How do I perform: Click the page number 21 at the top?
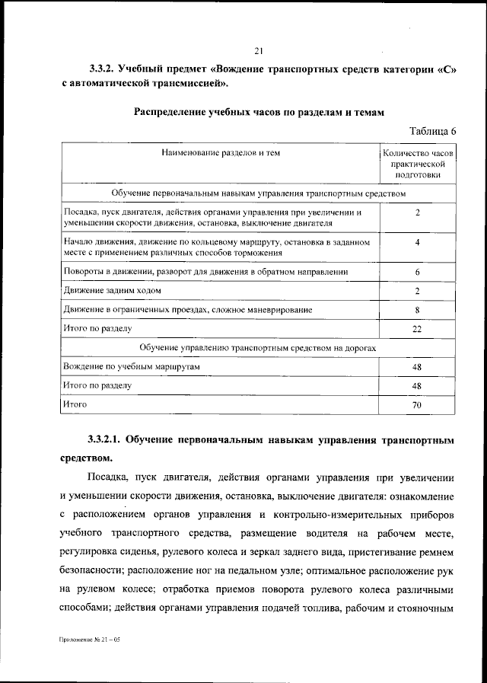click(258, 51)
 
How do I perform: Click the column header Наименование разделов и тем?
click(221, 153)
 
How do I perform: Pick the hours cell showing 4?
click(418, 241)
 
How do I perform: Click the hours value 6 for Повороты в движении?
click(418, 272)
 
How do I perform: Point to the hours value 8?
click(418, 310)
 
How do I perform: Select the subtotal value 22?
click(418, 329)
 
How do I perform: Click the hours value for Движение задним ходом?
click(418, 291)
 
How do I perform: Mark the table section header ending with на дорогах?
click(258, 348)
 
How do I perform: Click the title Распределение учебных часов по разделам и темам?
click(259, 112)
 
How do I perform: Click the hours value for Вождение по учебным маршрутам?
click(418, 367)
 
